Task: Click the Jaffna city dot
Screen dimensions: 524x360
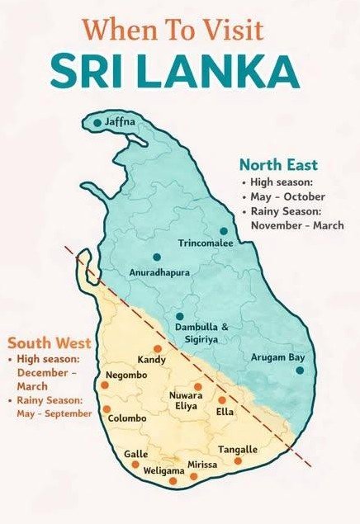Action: coord(97,123)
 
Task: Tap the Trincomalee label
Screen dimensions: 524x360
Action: coord(206,243)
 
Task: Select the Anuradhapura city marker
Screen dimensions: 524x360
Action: coord(156,257)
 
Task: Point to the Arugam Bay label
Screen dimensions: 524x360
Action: coord(277,357)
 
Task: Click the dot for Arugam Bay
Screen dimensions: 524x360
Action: coord(299,371)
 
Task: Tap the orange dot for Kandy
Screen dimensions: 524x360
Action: coord(157,349)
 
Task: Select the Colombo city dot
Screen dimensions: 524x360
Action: coord(107,409)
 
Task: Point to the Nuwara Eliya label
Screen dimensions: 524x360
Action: coord(186,400)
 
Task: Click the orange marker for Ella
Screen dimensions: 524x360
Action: coord(221,400)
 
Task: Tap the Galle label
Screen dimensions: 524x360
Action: coord(135,454)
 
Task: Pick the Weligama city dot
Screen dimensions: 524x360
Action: coord(173,481)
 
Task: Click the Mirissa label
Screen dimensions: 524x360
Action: coord(203,465)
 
